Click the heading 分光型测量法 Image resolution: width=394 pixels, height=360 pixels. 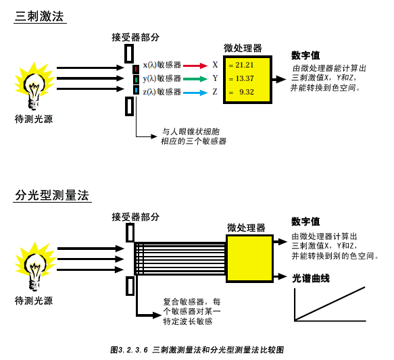(52, 195)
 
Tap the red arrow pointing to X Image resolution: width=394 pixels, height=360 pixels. (195, 66)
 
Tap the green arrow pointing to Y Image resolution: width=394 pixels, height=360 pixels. (195, 79)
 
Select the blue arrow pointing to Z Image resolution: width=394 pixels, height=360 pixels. (195, 93)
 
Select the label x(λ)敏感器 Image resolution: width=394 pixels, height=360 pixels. (162, 65)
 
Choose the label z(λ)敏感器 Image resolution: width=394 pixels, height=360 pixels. (162, 92)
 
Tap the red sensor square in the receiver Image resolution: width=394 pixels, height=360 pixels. (136, 69)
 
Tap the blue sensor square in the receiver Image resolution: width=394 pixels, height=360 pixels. (136, 90)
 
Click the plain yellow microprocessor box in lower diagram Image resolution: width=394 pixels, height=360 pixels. (249, 259)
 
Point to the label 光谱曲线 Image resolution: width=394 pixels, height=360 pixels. (311, 278)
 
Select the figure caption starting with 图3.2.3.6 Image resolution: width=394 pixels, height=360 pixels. (197, 350)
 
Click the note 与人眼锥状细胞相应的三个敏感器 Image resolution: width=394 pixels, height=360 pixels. (193, 136)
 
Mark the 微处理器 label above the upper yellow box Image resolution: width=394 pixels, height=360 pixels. (243, 48)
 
